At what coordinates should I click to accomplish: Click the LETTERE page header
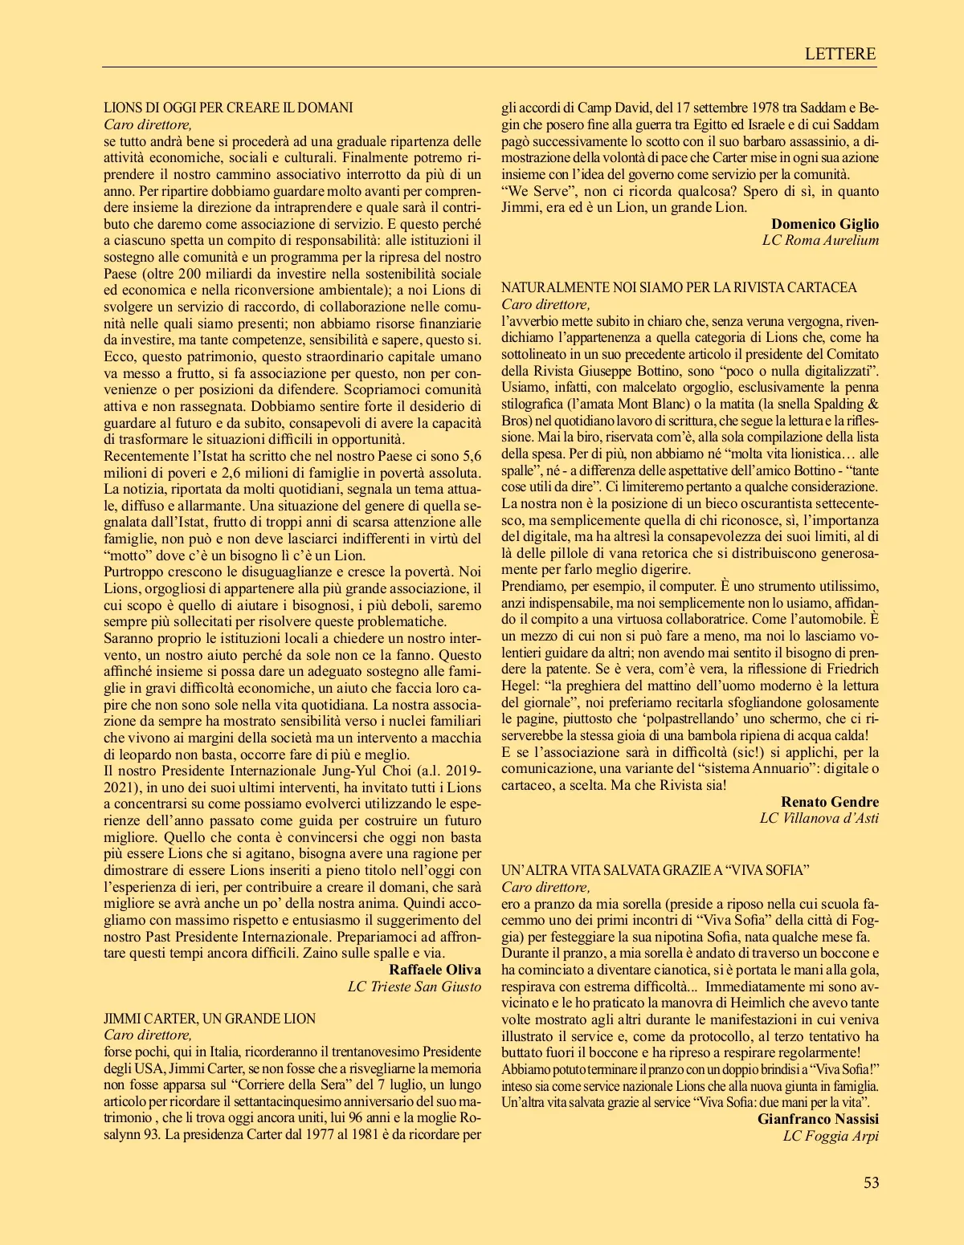tap(839, 54)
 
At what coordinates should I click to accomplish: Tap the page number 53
tap(871, 1182)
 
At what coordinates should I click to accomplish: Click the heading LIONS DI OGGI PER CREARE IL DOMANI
tap(228, 108)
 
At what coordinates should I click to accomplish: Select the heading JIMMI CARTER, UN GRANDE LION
tap(210, 1019)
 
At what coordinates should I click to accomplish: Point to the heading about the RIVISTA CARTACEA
tap(679, 287)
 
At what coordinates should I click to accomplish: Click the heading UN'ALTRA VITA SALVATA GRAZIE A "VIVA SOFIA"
tap(655, 870)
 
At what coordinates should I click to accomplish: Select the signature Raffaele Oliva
tap(435, 970)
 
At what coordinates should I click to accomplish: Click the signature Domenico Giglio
tap(825, 224)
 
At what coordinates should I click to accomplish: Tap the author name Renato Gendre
tap(830, 802)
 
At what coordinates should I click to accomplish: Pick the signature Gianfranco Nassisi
tap(818, 1119)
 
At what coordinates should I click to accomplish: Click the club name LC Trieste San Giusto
tap(414, 987)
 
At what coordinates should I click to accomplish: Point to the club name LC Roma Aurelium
tap(820, 240)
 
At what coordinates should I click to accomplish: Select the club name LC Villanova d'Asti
tap(819, 818)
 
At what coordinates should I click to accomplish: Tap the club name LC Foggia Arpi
tap(831, 1136)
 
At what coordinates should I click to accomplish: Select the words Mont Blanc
tap(634, 404)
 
